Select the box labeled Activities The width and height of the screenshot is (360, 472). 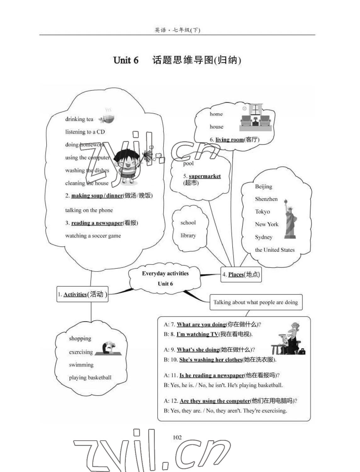pyautogui.click(x=82, y=294)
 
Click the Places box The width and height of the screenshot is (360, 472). pyautogui.click(x=241, y=274)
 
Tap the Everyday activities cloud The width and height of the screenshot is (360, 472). pyautogui.click(x=165, y=278)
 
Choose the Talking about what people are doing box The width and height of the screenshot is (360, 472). pyautogui.click(x=256, y=302)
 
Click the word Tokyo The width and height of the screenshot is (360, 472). pyautogui.click(x=262, y=212)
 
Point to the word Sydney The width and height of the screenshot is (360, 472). pyautogui.click(x=264, y=237)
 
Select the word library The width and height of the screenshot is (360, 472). pyautogui.click(x=188, y=235)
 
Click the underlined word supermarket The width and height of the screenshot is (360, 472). pyautogui.click(x=205, y=176)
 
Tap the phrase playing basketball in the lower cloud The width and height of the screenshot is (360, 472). pyautogui.click(x=90, y=378)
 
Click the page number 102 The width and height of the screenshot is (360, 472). pyautogui.click(x=177, y=437)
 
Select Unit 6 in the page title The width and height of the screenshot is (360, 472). pyautogui.click(x=126, y=60)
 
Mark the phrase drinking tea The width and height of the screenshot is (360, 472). pyautogui.click(x=79, y=119)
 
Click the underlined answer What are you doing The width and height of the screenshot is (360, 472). pyautogui.click(x=201, y=324)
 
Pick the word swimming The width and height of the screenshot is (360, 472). pyautogui.click(x=81, y=365)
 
